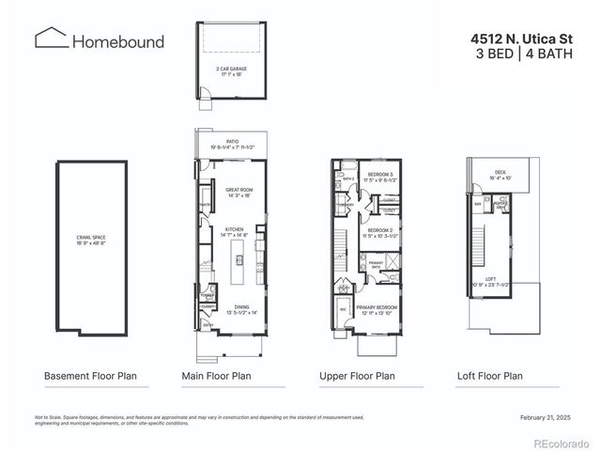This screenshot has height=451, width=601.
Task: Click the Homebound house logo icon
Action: point(51,39)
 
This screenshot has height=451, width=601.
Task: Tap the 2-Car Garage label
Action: point(231,70)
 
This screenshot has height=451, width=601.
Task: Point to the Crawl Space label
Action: point(91,241)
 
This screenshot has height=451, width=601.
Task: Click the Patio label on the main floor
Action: point(231,145)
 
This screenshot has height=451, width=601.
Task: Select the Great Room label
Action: point(240,192)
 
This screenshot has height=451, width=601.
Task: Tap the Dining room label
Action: point(241,309)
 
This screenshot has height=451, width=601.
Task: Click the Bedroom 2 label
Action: point(379,231)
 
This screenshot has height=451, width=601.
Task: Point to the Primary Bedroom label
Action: point(377,309)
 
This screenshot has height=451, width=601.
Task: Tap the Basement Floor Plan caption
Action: point(90,376)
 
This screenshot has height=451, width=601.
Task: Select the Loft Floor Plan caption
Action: point(486,376)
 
